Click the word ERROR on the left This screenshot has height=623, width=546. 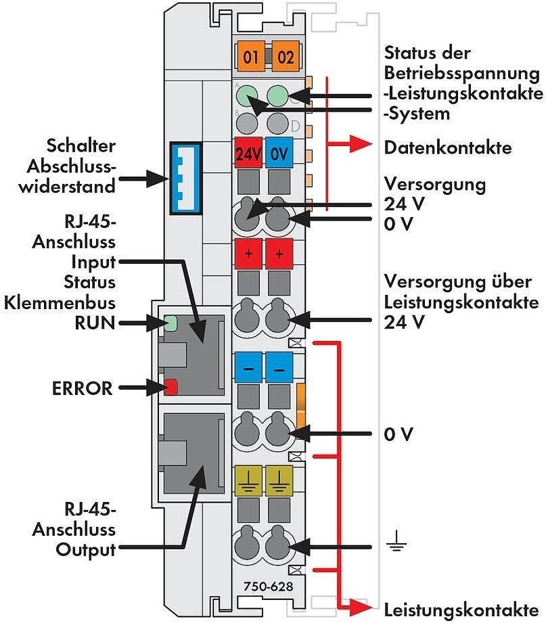[x=82, y=388]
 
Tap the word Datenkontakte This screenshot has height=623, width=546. [x=447, y=147]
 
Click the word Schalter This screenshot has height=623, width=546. [x=81, y=147]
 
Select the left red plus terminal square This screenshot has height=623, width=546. [x=248, y=256]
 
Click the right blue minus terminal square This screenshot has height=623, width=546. [x=278, y=369]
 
